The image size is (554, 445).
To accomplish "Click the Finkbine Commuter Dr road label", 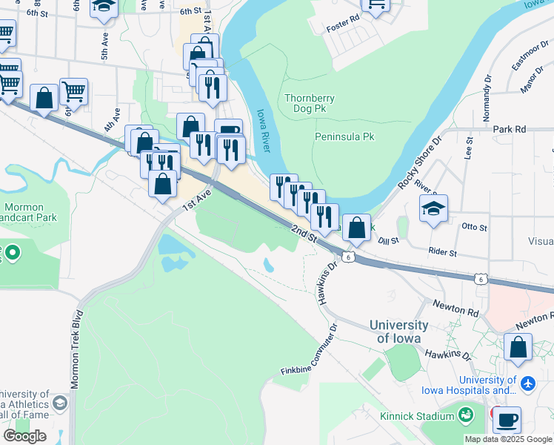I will [x=310, y=349].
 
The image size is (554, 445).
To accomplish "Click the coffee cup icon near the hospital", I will [x=507, y=420].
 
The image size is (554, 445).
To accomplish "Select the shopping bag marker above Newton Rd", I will [x=518, y=347].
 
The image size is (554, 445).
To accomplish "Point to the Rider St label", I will [x=443, y=253].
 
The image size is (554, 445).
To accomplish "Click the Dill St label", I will [x=388, y=240].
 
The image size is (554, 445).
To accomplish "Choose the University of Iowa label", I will [x=398, y=332].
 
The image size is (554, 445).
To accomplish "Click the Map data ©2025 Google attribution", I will [x=508, y=439].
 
